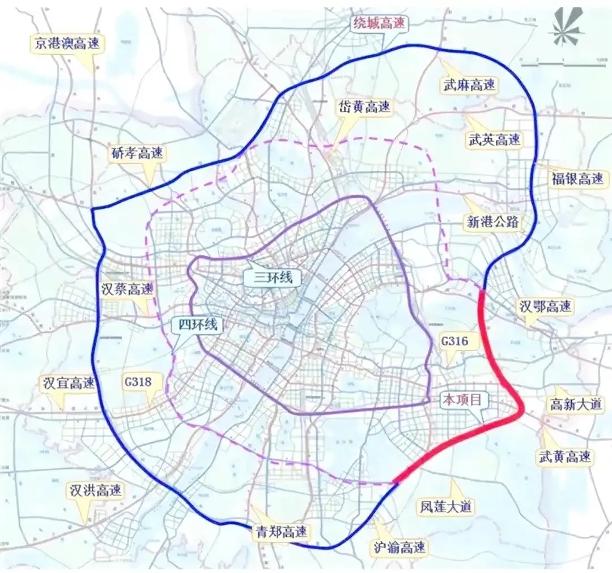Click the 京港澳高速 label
[67, 44]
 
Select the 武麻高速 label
[468, 85]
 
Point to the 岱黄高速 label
[365, 106]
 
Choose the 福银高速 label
[577, 179]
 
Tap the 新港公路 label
[492, 221]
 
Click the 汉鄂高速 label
[546, 307]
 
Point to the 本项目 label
[462, 399]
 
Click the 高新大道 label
[577, 405]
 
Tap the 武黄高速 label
[565, 456]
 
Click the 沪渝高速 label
[401, 546]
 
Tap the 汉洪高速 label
[95, 490]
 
